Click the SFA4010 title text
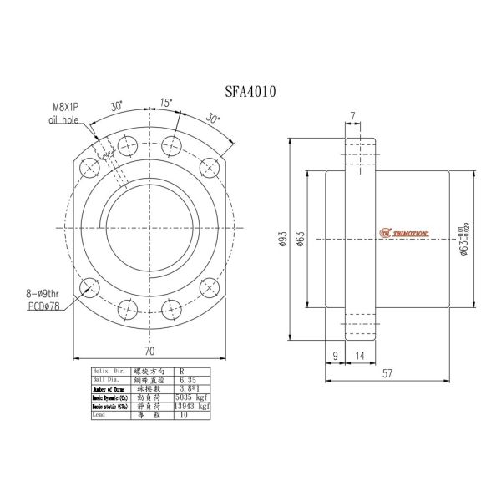tap(250, 91)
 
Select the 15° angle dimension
tap(167, 103)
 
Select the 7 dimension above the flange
tap(354, 115)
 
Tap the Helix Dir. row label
tap(109, 369)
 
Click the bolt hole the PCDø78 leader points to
tap(88, 289)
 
